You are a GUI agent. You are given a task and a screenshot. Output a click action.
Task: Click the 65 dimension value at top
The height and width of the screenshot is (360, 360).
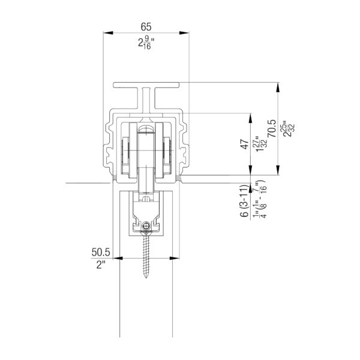[146, 26]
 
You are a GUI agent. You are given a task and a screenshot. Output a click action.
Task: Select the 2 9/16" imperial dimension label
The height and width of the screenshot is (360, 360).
[146, 43]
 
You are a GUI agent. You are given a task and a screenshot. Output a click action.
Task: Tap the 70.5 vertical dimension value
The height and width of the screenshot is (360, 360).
[272, 128]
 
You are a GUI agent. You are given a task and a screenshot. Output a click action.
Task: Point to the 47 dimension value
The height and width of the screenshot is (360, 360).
[245, 144]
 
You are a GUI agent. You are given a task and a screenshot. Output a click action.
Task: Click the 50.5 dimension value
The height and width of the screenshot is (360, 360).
[101, 252]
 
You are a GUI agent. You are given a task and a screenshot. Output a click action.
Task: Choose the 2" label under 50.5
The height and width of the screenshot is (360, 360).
[101, 265]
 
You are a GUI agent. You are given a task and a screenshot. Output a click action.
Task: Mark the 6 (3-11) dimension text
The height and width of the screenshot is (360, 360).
[245, 200]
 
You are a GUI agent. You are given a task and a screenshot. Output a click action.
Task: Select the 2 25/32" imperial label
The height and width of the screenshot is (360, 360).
[289, 128]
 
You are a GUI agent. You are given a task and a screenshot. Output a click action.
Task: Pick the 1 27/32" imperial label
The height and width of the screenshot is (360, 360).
[262, 144]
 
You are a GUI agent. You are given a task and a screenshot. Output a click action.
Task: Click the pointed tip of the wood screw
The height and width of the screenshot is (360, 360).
[146, 278]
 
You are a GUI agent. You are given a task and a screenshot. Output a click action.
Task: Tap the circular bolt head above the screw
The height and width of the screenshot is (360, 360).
[146, 226]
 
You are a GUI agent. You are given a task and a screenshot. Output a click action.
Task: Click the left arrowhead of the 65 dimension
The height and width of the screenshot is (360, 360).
[108, 33]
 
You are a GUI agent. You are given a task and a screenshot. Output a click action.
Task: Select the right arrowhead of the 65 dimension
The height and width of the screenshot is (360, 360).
[184, 33]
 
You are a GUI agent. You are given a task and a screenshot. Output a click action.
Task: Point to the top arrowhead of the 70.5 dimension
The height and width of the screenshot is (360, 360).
[278, 87]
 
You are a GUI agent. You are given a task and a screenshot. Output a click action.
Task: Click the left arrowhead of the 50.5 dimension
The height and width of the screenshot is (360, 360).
[118, 258]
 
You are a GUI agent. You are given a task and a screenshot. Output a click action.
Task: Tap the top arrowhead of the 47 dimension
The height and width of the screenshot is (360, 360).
[250, 118]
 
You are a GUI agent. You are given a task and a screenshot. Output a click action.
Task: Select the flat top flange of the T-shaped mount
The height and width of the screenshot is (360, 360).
[146, 85]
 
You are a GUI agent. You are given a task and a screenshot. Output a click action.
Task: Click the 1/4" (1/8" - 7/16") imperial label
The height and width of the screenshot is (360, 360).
[260, 200]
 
